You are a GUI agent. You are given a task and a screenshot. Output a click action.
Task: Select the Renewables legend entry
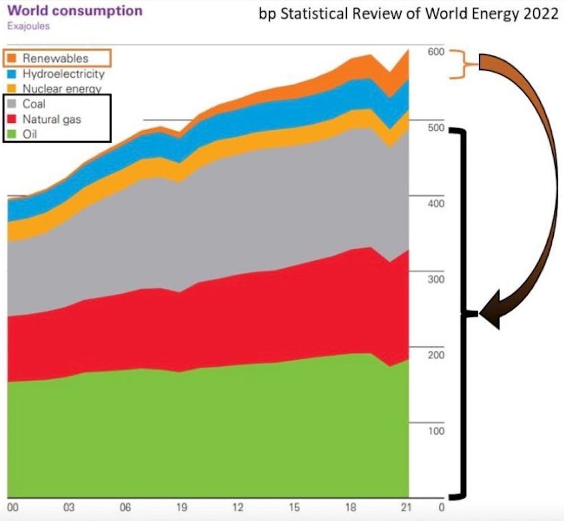55,58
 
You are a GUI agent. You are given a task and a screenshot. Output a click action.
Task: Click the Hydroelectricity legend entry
63,74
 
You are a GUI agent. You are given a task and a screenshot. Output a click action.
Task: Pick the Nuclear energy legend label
61,89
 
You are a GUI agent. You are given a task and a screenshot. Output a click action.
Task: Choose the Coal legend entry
34,104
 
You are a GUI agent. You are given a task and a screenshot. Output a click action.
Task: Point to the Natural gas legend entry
51,120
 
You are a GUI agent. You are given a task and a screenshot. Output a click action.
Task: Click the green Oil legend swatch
12,135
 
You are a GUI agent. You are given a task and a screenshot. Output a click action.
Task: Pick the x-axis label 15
293,507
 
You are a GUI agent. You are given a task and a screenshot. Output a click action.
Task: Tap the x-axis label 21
405,507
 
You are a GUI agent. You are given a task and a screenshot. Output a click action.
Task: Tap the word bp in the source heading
266,15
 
